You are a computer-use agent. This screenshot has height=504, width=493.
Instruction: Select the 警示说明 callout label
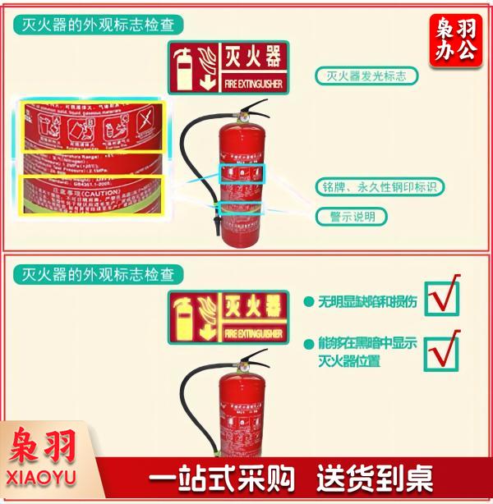pos(352,217)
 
